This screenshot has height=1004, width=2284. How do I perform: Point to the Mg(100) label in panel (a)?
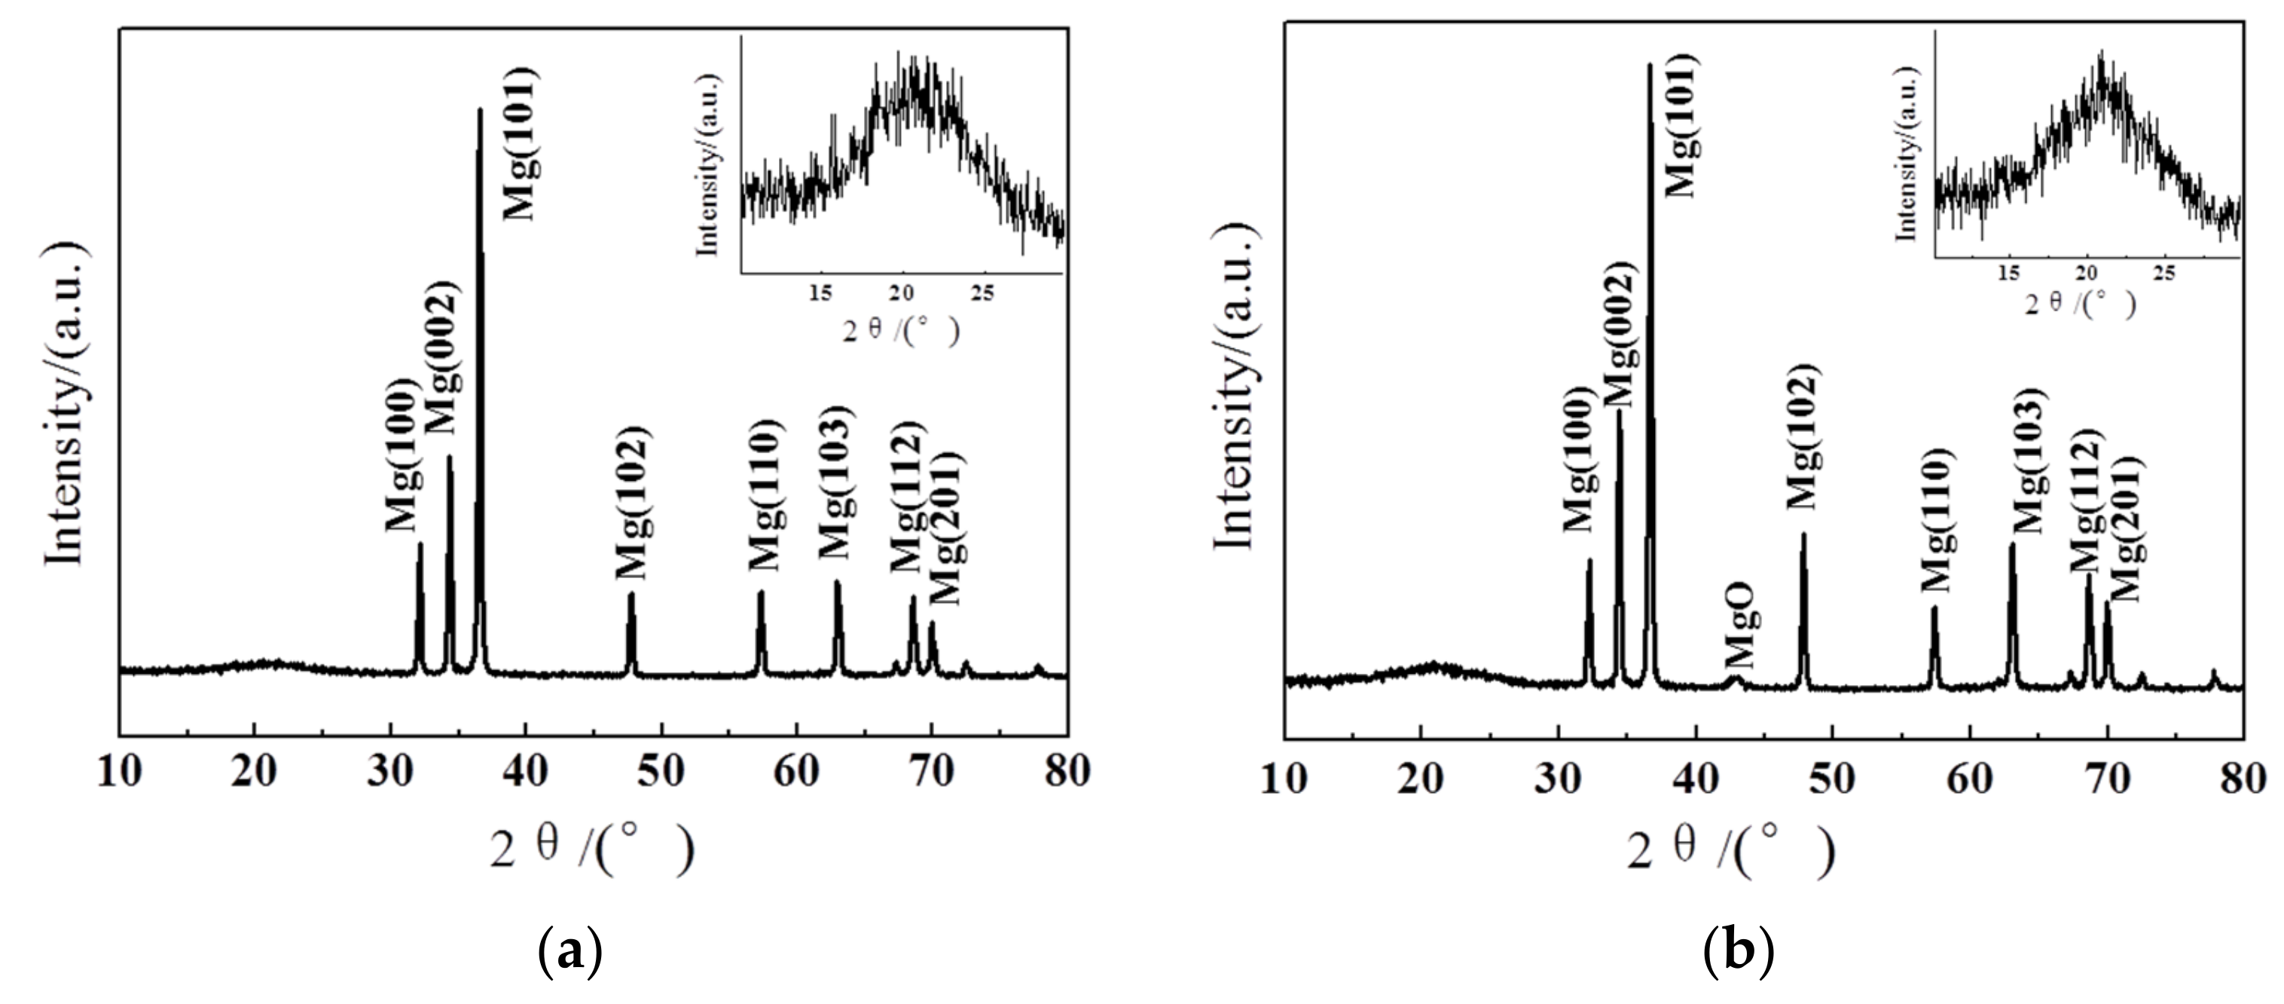(401, 454)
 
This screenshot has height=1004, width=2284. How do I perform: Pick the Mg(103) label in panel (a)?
(835, 482)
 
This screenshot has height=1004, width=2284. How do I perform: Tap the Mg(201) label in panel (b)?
(2126, 528)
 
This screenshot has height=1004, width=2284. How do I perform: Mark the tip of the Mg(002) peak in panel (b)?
(1619, 410)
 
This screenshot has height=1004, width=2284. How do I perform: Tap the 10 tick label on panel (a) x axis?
(119, 772)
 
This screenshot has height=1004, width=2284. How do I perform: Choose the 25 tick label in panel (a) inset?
(982, 292)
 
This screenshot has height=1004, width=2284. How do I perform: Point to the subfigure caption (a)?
(570, 952)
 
